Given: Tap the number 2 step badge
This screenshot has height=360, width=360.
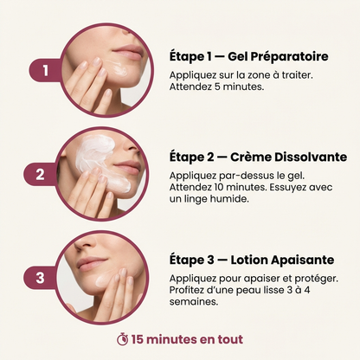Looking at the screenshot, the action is click(40, 174).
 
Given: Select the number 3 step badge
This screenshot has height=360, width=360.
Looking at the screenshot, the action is click(40, 278).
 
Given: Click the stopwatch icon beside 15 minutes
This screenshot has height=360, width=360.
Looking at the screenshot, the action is click(123, 339).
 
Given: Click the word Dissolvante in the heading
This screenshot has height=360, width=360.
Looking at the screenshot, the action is click(311, 157).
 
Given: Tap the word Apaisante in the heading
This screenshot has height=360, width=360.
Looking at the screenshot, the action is click(303, 260).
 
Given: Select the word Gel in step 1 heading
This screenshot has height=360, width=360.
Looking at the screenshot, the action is click(237, 56).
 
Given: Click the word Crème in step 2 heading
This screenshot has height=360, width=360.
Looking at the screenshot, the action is click(251, 157).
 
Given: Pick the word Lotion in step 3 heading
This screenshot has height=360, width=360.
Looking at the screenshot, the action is click(249, 260).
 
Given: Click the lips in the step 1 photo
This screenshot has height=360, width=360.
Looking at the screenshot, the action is click(127, 53).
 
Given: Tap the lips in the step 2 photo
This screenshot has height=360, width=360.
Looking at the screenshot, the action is click(127, 167).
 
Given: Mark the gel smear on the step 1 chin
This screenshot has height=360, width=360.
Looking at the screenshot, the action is click(117, 68).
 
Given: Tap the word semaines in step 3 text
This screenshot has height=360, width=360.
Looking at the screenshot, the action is click(194, 302).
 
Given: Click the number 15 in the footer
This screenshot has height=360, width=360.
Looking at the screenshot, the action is click(138, 339).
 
